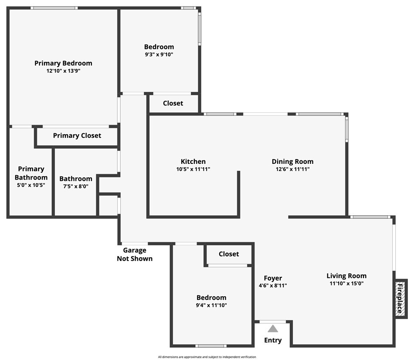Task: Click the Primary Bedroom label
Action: pos(63,63)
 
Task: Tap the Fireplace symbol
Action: pos(399,299)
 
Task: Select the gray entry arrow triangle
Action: pos(273,329)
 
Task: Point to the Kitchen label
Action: pos(193,162)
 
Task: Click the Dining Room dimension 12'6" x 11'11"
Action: pos(292,169)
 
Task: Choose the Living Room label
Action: pos(346,276)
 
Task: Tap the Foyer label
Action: pos(273,278)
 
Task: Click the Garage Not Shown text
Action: pos(135,255)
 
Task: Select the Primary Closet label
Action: pos(77,136)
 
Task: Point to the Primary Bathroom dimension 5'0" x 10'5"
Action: pos(31,185)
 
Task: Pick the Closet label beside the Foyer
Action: pos(229,254)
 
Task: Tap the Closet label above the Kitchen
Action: pos(173,103)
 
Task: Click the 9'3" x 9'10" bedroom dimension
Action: pos(159,54)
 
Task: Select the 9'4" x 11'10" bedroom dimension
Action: pos(211,305)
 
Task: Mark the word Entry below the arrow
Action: pos(273,340)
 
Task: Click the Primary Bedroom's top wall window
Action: pos(54,8)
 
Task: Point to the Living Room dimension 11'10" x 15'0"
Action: pos(346,283)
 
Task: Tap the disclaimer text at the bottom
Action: pos(207,357)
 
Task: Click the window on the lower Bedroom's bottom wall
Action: pos(211,346)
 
